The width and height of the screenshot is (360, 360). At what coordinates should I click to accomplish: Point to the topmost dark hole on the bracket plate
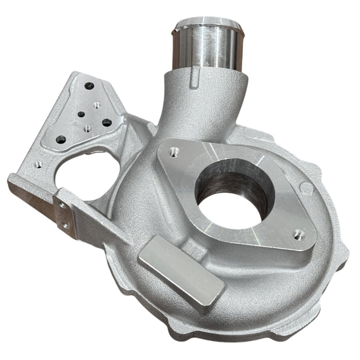click(89, 86)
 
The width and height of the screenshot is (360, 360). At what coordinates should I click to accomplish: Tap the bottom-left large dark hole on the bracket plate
click(61, 139)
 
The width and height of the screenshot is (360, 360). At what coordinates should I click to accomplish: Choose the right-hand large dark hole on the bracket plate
click(107, 122)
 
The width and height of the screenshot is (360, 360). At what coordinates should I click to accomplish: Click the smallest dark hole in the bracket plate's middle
click(81, 115)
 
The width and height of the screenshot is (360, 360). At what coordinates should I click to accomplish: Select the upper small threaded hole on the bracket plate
click(97, 105)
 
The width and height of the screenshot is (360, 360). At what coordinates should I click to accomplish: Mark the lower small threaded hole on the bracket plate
click(87, 128)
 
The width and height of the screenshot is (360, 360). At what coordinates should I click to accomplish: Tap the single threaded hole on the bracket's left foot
click(38, 165)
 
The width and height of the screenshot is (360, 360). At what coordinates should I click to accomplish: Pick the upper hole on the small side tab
click(62, 205)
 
